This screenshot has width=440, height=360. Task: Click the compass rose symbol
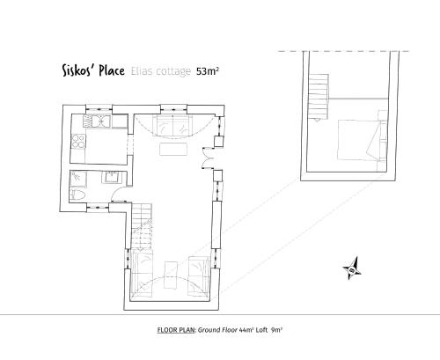click(352, 268)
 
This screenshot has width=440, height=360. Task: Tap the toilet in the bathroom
click(77, 195)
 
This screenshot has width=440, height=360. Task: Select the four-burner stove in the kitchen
click(78, 142)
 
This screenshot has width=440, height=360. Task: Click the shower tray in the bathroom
click(78, 179)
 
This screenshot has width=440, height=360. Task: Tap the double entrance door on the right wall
click(208, 158)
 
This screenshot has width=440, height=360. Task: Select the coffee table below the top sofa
click(173, 149)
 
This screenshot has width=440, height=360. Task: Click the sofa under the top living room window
click(172, 126)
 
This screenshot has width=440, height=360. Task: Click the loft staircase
click(319, 97)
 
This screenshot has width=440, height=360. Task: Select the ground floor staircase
click(142, 226)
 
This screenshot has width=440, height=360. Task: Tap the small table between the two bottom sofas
click(171, 275)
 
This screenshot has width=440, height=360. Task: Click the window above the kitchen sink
click(99, 109)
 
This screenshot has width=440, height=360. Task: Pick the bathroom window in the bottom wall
click(98, 208)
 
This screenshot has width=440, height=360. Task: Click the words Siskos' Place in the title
click(93, 70)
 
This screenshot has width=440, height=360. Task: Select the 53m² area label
click(208, 71)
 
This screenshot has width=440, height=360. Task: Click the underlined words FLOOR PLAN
click(176, 330)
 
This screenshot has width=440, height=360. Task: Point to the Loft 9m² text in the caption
click(268, 330)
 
